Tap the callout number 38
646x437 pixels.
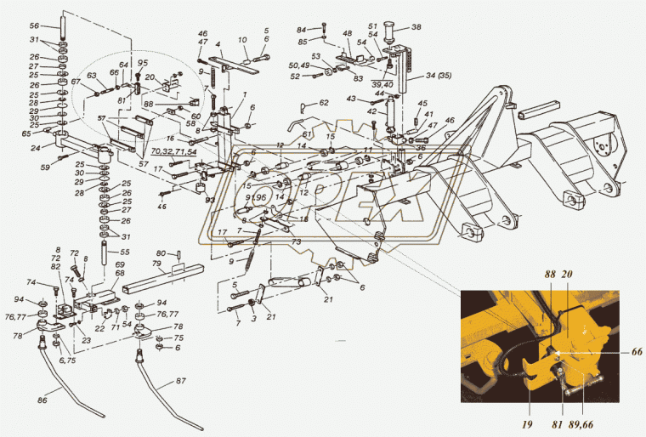(416, 27)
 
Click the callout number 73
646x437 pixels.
(273, 242)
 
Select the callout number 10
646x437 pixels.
(241, 40)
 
